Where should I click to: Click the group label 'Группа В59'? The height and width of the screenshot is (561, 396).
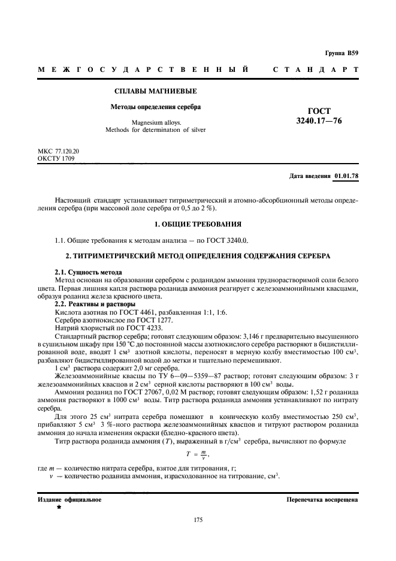click(341, 53)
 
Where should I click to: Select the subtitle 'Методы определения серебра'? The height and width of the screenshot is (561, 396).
click(155, 108)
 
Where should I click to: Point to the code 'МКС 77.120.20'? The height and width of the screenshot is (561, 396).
click(58, 152)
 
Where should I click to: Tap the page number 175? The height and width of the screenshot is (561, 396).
click(198, 519)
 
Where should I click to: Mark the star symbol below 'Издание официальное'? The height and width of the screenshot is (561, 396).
click(59, 507)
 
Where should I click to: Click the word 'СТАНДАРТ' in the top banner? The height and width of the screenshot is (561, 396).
click(316, 70)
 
